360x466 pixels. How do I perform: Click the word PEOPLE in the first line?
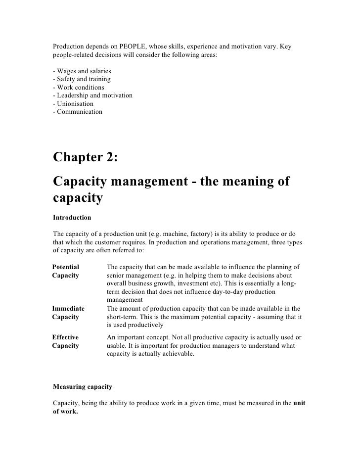(x=134, y=47)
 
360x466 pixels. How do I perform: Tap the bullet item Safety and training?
(x=81, y=80)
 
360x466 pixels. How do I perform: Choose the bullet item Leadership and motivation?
(x=92, y=95)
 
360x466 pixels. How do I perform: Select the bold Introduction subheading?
(x=72, y=217)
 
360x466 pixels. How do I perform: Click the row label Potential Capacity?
(x=66, y=271)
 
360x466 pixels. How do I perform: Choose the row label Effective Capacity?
(x=66, y=341)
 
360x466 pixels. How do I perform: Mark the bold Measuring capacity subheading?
(x=83, y=386)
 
